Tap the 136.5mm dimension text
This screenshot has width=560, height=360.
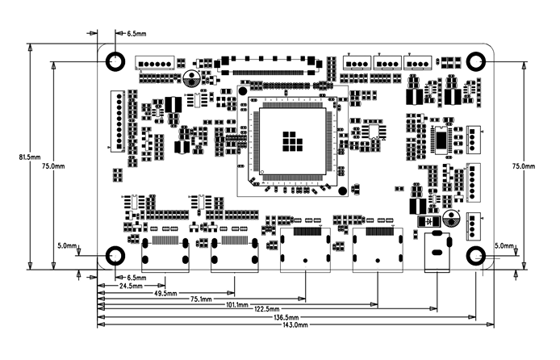point(285,317)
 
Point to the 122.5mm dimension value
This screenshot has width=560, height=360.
point(265,310)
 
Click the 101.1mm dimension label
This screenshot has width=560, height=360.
point(237,303)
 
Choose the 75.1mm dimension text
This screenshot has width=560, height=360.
point(203,298)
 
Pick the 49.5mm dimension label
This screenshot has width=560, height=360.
point(166,292)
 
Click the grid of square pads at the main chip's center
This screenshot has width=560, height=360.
point(292,140)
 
